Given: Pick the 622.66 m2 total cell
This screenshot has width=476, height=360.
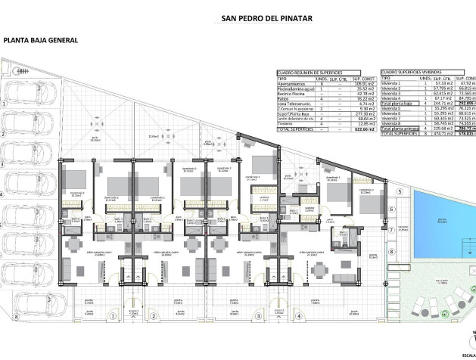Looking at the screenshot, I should click(x=362, y=129).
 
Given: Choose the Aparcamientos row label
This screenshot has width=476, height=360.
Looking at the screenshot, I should click(x=292, y=82).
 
